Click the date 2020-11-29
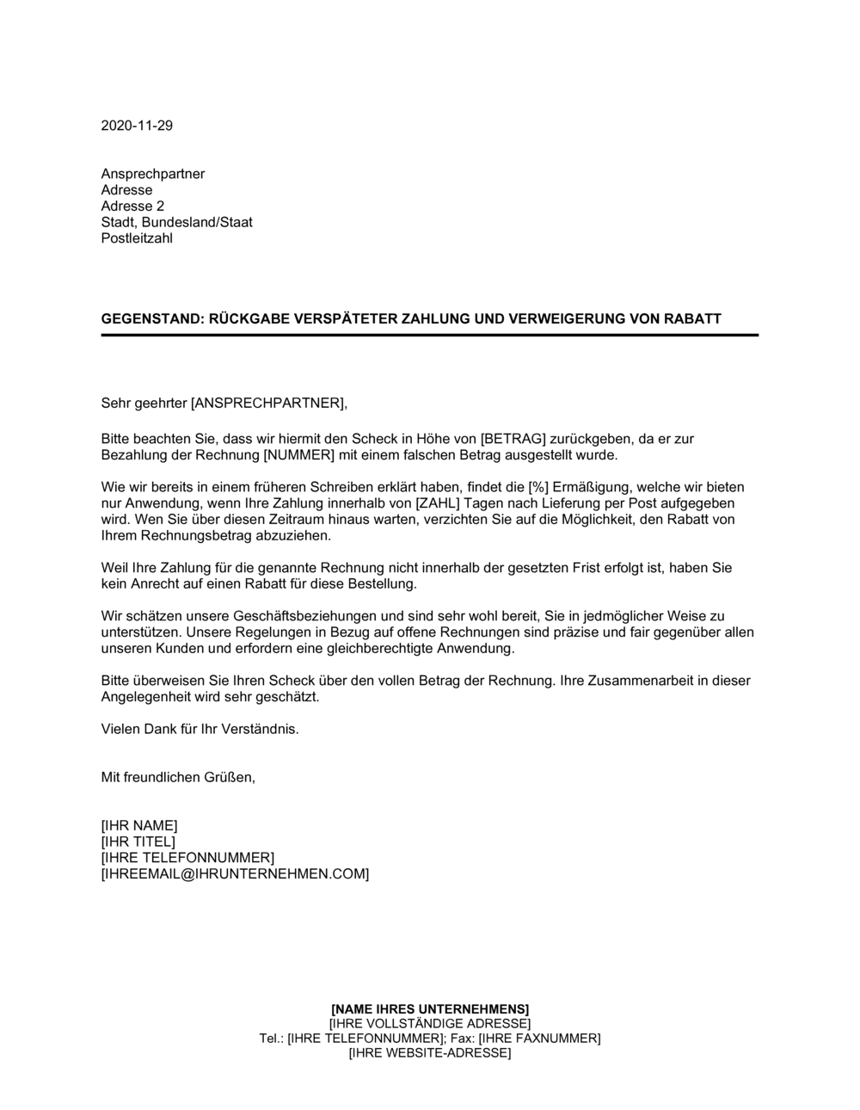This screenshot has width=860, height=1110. click(137, 126)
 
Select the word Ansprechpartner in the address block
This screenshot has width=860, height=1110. click(153, 174)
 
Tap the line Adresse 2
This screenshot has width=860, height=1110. click(132, 207)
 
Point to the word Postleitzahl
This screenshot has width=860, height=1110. click(137, 238)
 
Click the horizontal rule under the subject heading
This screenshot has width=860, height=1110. click(430, 335)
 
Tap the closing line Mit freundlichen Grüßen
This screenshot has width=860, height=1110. click(178, 777)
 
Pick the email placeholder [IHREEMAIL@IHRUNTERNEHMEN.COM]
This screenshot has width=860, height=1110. click(235, 874)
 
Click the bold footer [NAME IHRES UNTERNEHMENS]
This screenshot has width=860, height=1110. click(430, 1008)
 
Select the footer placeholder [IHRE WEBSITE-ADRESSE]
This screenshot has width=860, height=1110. click(430, 1053)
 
